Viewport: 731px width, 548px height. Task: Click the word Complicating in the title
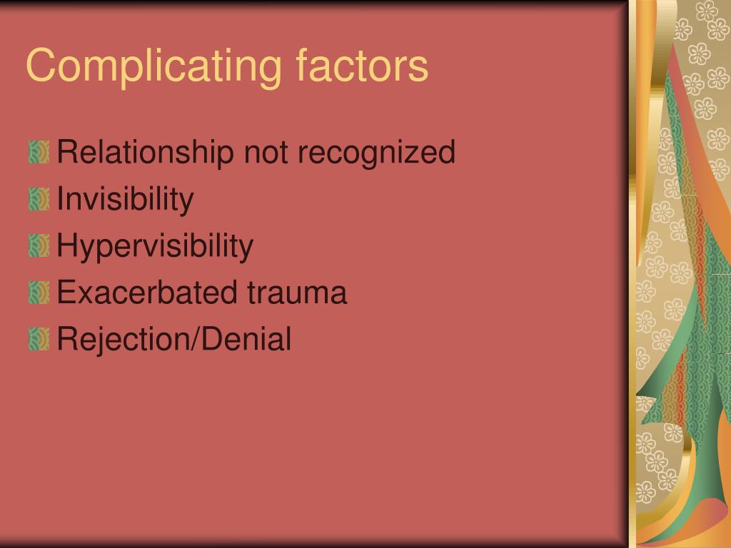pyautogui.click(x=154, y=66)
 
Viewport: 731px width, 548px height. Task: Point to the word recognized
pyautogui.click(x=376, y=153)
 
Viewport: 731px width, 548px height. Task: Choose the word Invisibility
pyautogui.click(x=125, y=199)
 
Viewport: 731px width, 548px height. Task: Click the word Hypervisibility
pyautogui.click(x=155, y=245)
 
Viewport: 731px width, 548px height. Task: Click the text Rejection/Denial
pyautogui.click(x=174, y=339)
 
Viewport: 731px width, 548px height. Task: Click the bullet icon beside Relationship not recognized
pyautogui.click(x=39, y=153)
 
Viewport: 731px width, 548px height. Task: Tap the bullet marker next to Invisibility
pyautogui.click(x=39, y=199)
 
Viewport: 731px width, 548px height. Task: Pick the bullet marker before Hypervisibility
pyautogui.click(x=39, y=245)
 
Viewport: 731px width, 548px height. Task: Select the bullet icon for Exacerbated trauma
pyautogui.click(x=39, y=292)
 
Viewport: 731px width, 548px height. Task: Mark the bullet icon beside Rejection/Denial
pyautogui.click(x=39, y=339)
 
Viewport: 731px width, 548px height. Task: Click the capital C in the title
pyautogui.click(x=43, y=65)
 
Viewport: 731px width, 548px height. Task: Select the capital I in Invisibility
pyautogui.click(x=60, y=198)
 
